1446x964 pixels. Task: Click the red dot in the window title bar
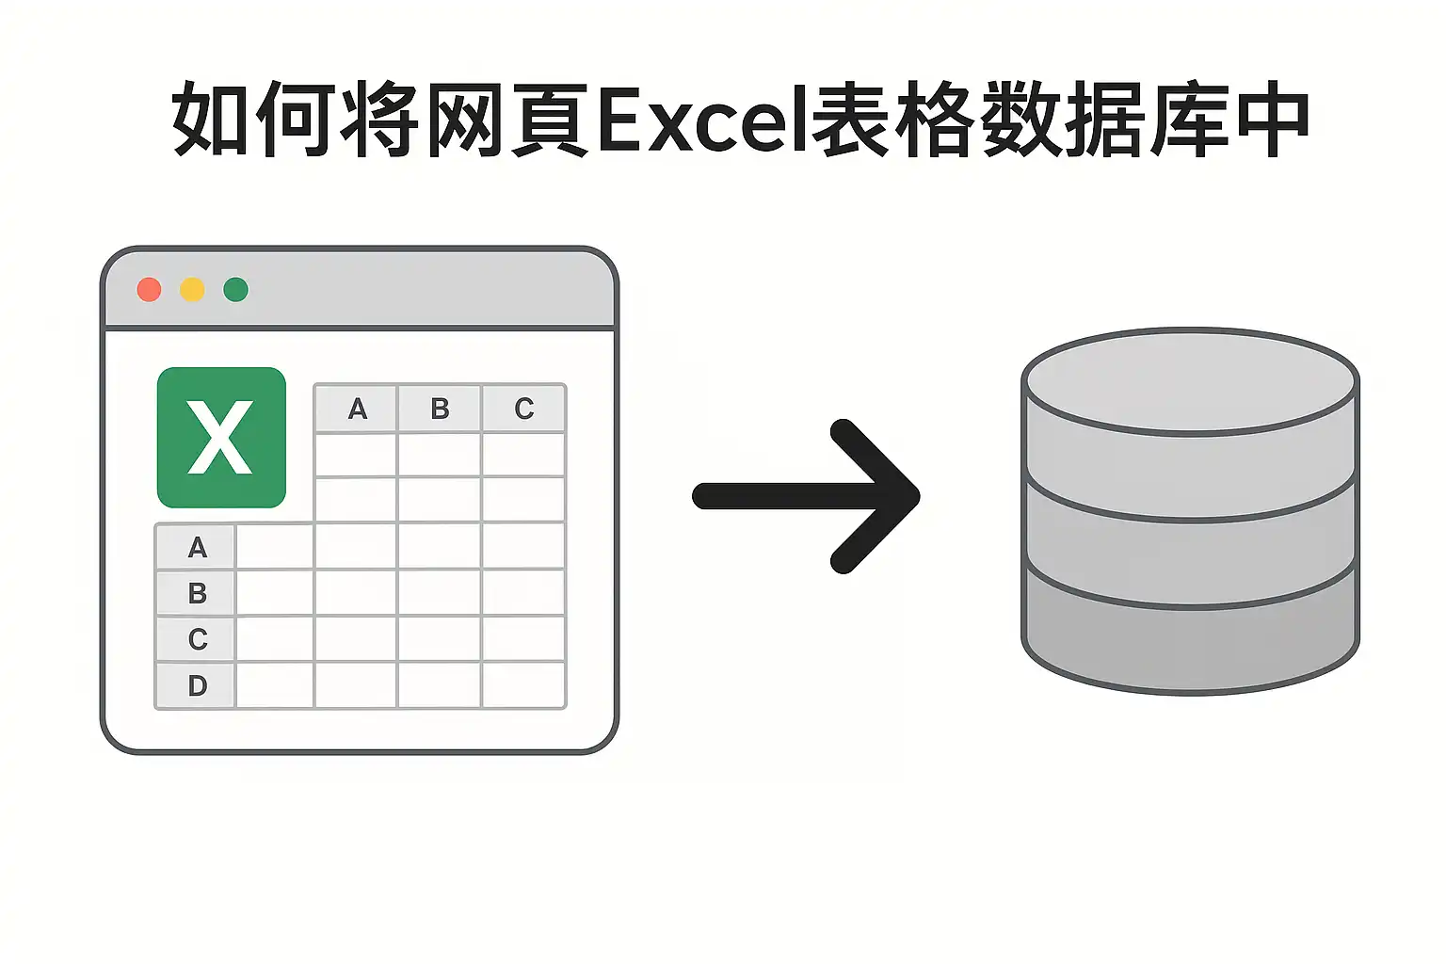click(149, 290)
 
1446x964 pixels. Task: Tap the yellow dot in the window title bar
click(192, 290)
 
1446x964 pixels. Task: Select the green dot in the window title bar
click(235, 290)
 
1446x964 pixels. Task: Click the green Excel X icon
click(221, 438)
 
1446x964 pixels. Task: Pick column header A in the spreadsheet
click(357, 409)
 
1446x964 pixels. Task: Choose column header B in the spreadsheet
click(440, 409)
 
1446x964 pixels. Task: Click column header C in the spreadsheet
click(523, 409)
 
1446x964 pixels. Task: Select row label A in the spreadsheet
click(196, 548)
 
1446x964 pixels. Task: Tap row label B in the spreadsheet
click(196, 593)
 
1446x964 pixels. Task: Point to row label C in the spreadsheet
click(196, 639)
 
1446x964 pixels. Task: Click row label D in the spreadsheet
click(196, 685)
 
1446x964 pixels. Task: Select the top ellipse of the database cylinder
click(1190, 382)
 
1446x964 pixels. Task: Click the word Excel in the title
click(703, 120)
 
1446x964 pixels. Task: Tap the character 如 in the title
click(210, 120)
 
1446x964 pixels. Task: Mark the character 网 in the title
click(465, 120)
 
